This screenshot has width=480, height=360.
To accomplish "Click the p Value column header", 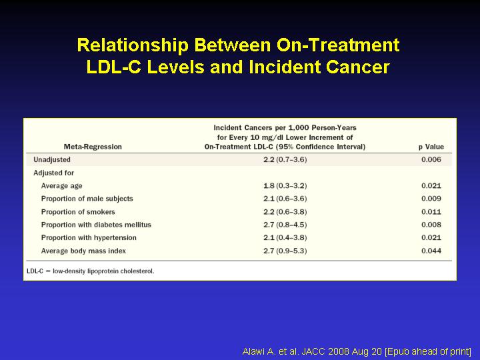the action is (x=431, y=147).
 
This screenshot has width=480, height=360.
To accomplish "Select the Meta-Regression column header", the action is (x=93, y=147).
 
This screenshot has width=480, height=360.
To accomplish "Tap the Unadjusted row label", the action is (x=52, y=160).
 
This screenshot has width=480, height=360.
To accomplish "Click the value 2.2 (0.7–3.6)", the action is (x=285, y=160).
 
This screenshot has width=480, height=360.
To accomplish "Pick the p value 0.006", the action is (x=431, y=159).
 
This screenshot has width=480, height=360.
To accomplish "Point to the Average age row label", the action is (x=61, y=186).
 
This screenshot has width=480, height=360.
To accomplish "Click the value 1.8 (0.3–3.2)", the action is (x=285, y=186).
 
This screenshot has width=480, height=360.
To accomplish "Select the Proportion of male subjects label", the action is (x=87, y=199).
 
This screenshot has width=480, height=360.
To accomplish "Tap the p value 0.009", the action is (x=431, y=199).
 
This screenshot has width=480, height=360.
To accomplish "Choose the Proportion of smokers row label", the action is (x=78, y=212).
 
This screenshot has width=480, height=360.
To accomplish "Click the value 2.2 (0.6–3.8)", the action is (x=285, y=212).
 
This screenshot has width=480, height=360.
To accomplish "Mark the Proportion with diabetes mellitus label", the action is (x=96, y=225).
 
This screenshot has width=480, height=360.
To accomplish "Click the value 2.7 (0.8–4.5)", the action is (x=285, y=225).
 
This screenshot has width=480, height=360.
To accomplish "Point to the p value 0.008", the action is (x=431, y=225).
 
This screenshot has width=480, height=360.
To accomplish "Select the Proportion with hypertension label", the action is (x=89, y=238).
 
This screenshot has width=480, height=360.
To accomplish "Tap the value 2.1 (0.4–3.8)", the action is (x=285, y=237).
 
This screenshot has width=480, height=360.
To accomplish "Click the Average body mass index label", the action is (x=83, y=251).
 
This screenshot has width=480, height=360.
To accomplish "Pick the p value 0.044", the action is (x=431, y=251).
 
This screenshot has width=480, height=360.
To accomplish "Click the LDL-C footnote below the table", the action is (x=90, y=271).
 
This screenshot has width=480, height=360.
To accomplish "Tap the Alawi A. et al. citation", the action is (x=357, y=351).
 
